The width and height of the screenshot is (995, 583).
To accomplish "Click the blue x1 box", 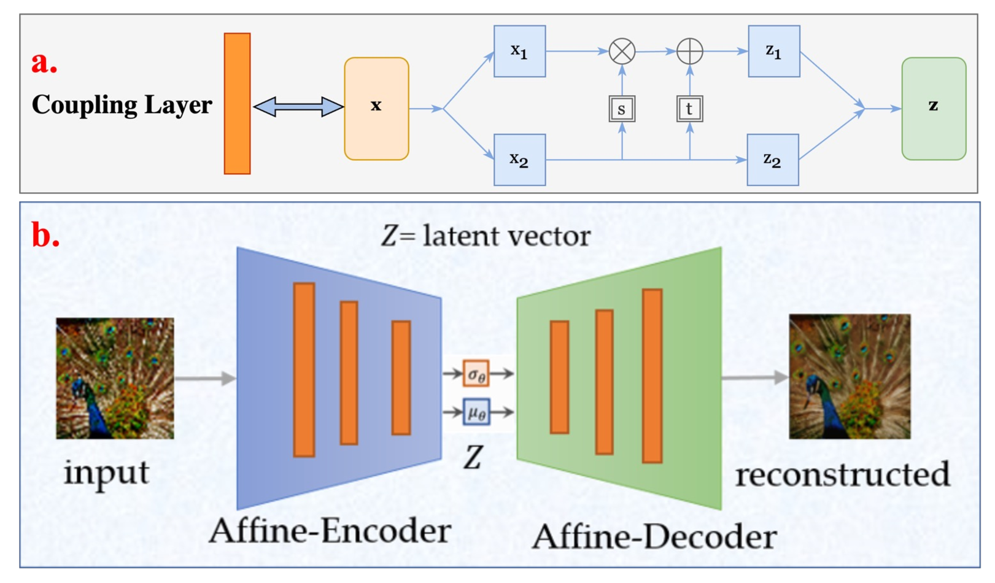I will [x=519, y=51].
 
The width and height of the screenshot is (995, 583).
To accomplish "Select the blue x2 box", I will [x=519, y=160].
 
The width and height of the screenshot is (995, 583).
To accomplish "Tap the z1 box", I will [x=773, y=51].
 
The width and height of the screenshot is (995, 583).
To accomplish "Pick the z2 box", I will [x=772, y=160].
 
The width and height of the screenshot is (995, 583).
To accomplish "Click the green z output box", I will [x=933, y=109].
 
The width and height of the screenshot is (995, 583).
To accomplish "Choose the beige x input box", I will [x=376, y=109].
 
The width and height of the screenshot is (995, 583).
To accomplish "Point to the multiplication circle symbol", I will [x=622, y=51].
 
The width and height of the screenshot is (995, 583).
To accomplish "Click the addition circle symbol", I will [x=689, y=51].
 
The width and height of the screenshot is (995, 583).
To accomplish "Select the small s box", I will [x=622, y=109].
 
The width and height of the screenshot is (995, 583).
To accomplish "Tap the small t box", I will [x=689, y=109].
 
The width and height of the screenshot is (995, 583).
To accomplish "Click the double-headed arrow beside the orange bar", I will [x=298, y=107].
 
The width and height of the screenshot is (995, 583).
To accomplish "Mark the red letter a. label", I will [x=44, y=62].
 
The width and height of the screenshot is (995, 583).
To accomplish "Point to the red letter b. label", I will [x=45, y=236].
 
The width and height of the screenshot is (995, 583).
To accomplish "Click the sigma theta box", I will [x=476, y=373].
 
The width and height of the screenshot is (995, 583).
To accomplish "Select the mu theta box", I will [x=476, y=412].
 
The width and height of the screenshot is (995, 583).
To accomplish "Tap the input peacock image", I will [x=115, y=378].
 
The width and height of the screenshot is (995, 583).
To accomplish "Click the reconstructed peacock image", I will [x=850, y=376].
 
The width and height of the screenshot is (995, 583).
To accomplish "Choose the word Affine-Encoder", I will [x=330, y=530].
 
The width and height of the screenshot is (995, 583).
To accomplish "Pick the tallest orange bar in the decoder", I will [x=652, y=376].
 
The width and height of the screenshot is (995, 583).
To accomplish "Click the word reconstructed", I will [x=842, y=475].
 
